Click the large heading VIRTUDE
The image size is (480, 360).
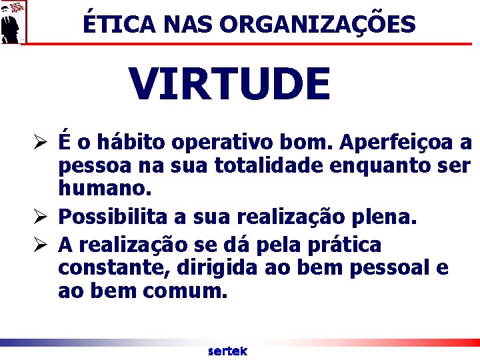coord(229,84)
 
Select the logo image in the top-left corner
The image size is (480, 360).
coord(14,21)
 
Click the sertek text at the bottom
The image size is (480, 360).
coord(227,351)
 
